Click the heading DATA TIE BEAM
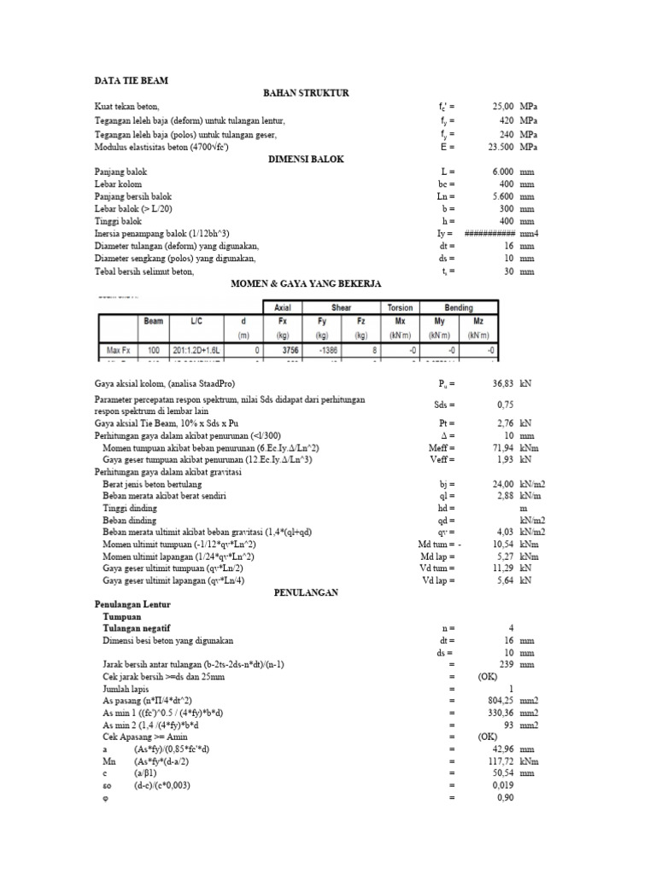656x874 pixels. coord(132,81)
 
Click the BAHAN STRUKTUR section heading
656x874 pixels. coord(306,93)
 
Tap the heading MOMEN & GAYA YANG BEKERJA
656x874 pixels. coord(306,283)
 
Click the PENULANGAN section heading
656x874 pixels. coord(306,591)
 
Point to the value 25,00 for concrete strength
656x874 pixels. coord(500,107)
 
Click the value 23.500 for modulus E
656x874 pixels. coord(498,146)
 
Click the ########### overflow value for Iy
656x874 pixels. coord(489,233)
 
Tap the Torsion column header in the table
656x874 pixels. coord(400,307)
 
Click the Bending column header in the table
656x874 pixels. coord(459,307)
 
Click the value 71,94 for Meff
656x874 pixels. coord(500,446)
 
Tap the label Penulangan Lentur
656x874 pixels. coord(132,603)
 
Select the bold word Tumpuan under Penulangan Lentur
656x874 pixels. coord(121,615)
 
